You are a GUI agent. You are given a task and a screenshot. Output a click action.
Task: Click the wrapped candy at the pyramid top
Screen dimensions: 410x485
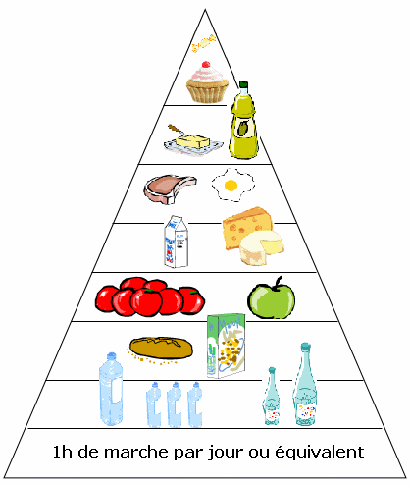[x=203, y=43]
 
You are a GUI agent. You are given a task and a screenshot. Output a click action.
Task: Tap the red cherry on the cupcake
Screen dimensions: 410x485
[x=206, y=64]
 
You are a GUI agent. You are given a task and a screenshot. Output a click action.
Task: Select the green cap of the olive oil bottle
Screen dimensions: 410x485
[x=243, y=85]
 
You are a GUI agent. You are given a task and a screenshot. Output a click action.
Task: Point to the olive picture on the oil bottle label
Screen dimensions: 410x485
[x=242, y=129]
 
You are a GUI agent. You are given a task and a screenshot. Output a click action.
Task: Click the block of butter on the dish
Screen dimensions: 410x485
[x=193, y=141]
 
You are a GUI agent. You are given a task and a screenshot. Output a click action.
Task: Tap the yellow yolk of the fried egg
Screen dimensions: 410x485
[x=231, y=186]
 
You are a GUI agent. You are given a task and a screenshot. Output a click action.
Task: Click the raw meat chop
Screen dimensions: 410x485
[x=170, y=189]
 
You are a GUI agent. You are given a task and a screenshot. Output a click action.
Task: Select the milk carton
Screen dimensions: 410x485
[x=177, y=242]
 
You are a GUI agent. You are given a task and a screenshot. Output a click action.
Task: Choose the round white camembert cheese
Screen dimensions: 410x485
[x=261, y=247]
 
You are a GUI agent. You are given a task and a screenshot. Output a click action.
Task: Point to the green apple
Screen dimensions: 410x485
[x=271, y=299]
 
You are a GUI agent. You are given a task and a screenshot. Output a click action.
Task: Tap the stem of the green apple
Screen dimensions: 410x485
[x=278, y=282]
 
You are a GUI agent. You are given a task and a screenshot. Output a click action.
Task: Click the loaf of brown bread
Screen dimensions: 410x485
[x=161, y=348]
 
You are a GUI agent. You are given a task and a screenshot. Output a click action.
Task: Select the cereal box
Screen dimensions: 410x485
[x=227, y=346]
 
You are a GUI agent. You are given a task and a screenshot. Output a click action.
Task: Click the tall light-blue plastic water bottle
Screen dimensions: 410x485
[x=111, y=390]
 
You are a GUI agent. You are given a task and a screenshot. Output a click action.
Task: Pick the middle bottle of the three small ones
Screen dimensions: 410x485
[x=175, y=404]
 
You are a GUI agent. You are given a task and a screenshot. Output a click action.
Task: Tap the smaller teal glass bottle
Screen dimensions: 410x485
[x=271, y=397]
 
